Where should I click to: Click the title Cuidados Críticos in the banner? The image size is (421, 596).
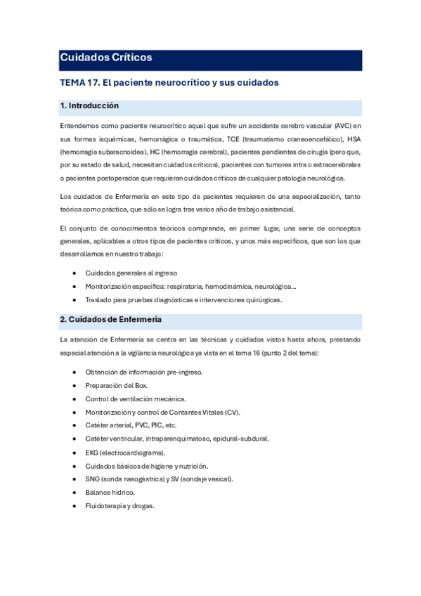[x=106, y=58]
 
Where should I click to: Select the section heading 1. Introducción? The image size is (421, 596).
[x=89, y=106]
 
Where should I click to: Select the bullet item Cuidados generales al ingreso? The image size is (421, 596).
[x=131, y=273]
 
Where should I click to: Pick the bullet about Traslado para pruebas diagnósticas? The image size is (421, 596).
[x=183, y=299]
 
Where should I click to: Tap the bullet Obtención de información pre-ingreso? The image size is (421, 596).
[x=144, y=372]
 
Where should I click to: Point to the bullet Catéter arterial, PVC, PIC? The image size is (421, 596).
[x=131, y=425]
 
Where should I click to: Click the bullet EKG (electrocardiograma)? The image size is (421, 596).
[x=125, y=452]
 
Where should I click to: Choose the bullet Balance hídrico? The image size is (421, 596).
[x=110, y=493]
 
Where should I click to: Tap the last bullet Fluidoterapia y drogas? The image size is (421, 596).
[x=120, y=506]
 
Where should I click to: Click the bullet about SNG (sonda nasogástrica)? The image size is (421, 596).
[x=159, y=479]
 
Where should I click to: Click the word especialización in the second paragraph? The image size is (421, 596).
[x=319, y=196]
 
